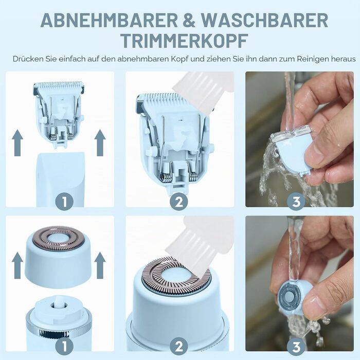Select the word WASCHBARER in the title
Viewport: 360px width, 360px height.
(x=264, y=20)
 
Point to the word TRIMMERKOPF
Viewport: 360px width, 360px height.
(x=184, y=41)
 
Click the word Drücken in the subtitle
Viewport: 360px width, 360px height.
(x=28, y=59)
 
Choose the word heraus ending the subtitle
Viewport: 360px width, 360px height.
(x=343, y=59)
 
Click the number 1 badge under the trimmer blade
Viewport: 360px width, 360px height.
(x=64, y=202)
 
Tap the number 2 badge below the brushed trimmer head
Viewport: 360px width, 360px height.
(x=179, y=202)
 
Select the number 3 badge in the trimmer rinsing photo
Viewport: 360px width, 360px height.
(x=296, y=202)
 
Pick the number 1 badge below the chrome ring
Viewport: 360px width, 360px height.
(x=64, y=347)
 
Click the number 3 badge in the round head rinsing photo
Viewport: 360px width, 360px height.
(x=296, y=347)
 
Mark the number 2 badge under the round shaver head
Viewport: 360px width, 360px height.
(x=179, y=347)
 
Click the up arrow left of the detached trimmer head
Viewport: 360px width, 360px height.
(x=17, y=142)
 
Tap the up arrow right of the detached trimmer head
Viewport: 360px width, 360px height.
(x=100, y=142)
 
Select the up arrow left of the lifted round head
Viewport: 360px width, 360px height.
(x=17, y=265)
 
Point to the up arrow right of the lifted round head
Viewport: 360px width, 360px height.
(x=100, y=265)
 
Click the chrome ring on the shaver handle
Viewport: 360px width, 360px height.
(x=59, y=327)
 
